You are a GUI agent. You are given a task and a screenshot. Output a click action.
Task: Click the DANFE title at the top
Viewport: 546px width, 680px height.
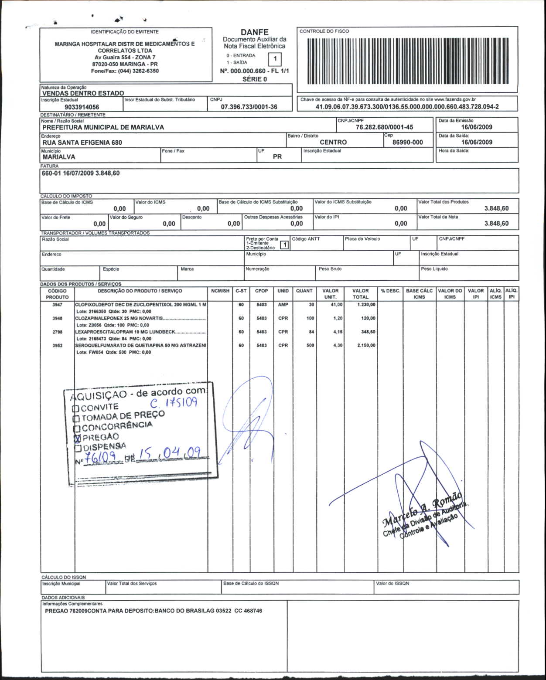[254, 32]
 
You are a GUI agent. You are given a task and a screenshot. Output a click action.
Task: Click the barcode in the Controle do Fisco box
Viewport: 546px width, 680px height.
[408, 61]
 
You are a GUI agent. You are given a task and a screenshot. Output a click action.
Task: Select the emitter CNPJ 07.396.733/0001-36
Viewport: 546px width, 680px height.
[249, 107]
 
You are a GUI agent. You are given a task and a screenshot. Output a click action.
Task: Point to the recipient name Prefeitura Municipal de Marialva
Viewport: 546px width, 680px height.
[103, 127]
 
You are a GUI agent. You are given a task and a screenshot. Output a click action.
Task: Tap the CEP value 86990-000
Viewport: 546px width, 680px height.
[407, 142]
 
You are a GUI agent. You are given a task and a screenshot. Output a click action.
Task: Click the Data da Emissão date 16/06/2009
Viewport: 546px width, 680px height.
[477, 127]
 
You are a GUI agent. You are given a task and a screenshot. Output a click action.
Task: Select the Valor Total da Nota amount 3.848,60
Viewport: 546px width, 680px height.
[496, 223]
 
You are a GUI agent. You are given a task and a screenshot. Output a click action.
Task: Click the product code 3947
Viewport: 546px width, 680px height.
[58, 305]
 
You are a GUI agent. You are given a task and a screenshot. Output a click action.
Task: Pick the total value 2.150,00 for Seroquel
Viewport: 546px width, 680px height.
[366, 345]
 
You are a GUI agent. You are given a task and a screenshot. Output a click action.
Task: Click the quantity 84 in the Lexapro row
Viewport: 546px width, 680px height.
[311, 332]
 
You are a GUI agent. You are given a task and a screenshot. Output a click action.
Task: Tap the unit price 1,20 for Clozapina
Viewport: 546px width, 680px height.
[338, 318]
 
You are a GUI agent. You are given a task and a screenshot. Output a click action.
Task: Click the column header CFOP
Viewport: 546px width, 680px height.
[261, 291]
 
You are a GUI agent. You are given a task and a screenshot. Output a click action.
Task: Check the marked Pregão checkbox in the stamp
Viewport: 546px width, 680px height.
[78, 438]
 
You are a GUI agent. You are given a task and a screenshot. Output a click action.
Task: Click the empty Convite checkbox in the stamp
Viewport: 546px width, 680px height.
[75, 409]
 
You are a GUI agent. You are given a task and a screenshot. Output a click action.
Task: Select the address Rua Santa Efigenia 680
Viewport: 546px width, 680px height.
[82, 143]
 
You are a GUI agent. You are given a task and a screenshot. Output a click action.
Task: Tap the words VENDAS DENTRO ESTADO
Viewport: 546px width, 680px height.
[83, 93]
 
